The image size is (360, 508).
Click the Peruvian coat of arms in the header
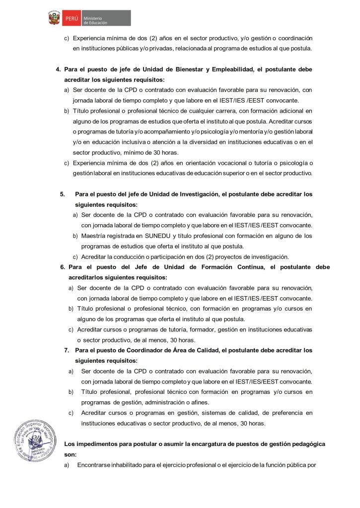(x=53, y=18)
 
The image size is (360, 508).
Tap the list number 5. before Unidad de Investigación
(x=62, y=194)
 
